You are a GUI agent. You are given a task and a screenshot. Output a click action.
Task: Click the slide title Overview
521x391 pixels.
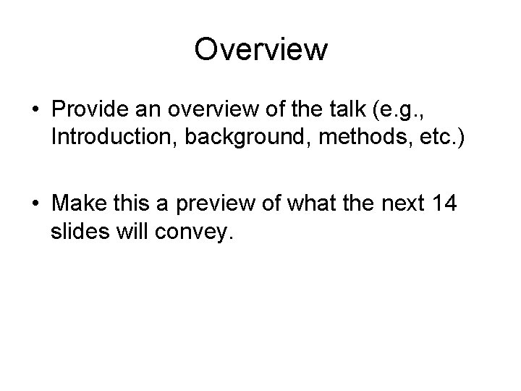coord(260,50)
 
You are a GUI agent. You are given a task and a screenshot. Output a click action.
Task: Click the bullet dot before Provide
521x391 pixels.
coord(35,109)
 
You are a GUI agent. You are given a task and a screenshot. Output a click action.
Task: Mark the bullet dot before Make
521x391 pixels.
coord(35,203)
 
